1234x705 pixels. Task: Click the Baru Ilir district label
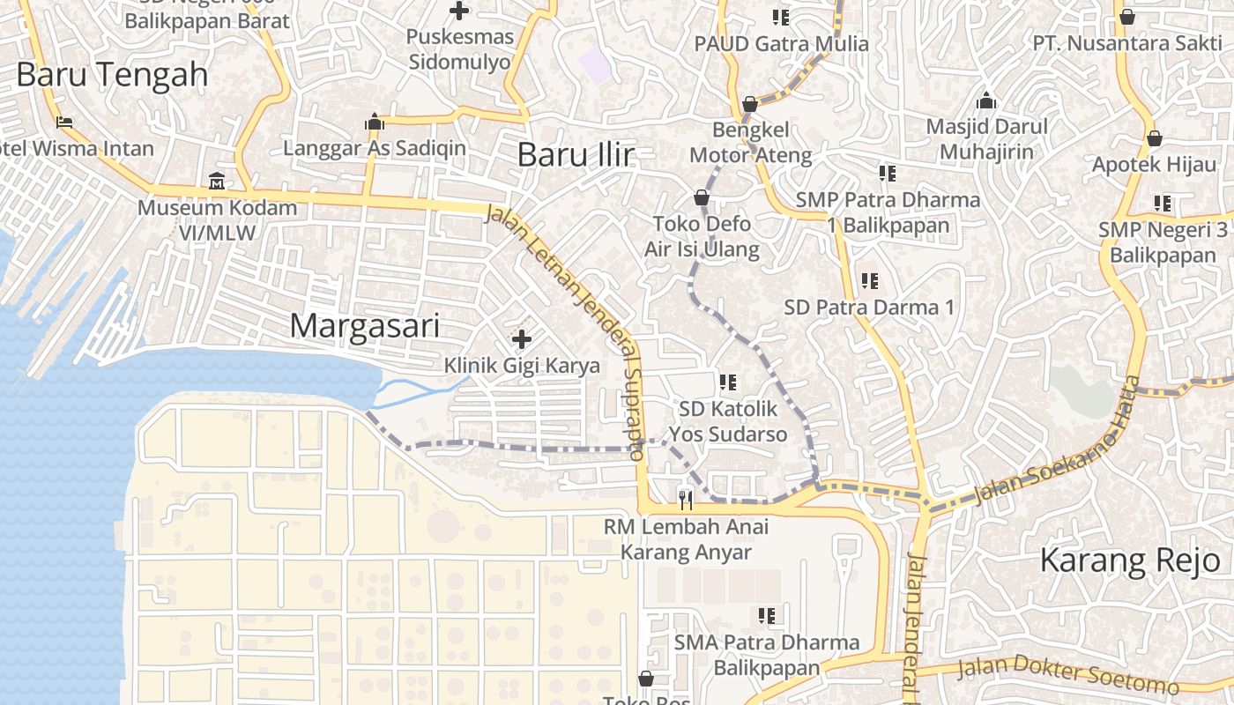575,154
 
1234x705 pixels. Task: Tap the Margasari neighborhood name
364,326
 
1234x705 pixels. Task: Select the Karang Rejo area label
1130,560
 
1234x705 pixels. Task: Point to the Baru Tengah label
112,75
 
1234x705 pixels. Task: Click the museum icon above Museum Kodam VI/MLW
217,182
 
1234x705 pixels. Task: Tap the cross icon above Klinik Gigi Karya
521,338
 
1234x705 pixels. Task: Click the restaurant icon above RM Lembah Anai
686,501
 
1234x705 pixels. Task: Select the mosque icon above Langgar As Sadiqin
375,122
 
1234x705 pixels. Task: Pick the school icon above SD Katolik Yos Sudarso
727,382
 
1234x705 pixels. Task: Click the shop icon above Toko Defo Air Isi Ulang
702,197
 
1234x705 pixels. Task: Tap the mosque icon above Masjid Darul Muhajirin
986,100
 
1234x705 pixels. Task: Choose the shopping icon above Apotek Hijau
1154,138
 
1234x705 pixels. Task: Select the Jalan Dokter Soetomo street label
1067,675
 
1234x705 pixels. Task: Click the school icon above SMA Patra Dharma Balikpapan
766,615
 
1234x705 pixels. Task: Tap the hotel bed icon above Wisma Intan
63,122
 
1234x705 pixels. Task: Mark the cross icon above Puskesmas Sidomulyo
458,11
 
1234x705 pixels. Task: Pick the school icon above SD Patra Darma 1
869,281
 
